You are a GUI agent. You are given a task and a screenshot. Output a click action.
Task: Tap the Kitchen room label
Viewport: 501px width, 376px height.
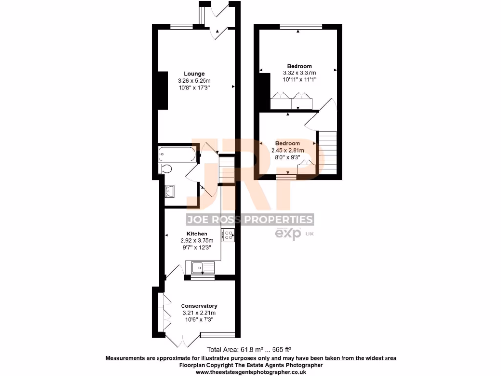click(197, 234)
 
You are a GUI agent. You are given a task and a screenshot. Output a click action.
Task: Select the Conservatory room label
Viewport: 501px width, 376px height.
click(199, 306)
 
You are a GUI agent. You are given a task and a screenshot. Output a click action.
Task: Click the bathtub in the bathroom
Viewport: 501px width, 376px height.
click(177, 155)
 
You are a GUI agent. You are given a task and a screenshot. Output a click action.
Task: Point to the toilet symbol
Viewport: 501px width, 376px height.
click(164, 169)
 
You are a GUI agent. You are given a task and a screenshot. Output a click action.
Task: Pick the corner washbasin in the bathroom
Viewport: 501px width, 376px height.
click(170, 190)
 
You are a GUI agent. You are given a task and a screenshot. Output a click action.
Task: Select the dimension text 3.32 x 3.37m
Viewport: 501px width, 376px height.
click(299, 73)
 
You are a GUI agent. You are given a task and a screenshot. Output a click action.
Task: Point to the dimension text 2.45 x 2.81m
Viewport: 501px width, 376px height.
click(288, 150)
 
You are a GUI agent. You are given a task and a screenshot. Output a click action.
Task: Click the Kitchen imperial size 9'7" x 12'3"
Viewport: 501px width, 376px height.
click(197, 247)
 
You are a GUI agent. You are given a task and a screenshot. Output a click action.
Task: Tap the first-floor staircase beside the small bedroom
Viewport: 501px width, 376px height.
click(327, 152)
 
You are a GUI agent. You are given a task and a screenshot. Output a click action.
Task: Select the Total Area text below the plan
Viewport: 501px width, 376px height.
click(250, 350)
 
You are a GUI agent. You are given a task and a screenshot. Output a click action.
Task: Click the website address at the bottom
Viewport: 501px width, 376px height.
click(251, 372)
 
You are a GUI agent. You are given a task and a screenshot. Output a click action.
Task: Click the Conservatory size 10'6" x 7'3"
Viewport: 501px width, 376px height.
click(199, 320)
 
